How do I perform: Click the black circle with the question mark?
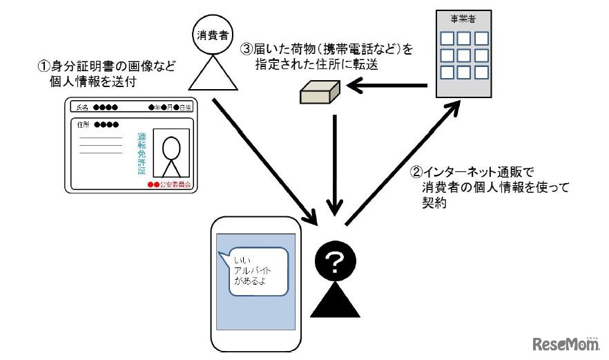pos(334,261)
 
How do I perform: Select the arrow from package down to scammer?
pos(334,162)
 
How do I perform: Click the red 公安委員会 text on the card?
pos(170,185)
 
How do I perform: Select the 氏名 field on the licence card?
pos(97,108)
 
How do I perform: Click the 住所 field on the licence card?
pos(93,124)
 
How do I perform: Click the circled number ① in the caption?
pos(43,68)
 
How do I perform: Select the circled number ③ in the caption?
pos(246,50)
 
